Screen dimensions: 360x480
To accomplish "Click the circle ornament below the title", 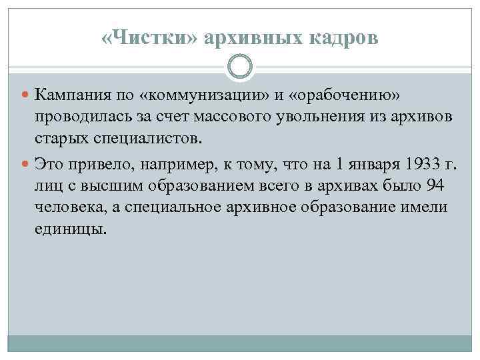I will click(x=239, y=67).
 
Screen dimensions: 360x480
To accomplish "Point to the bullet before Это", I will click(x=27, y=163).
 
